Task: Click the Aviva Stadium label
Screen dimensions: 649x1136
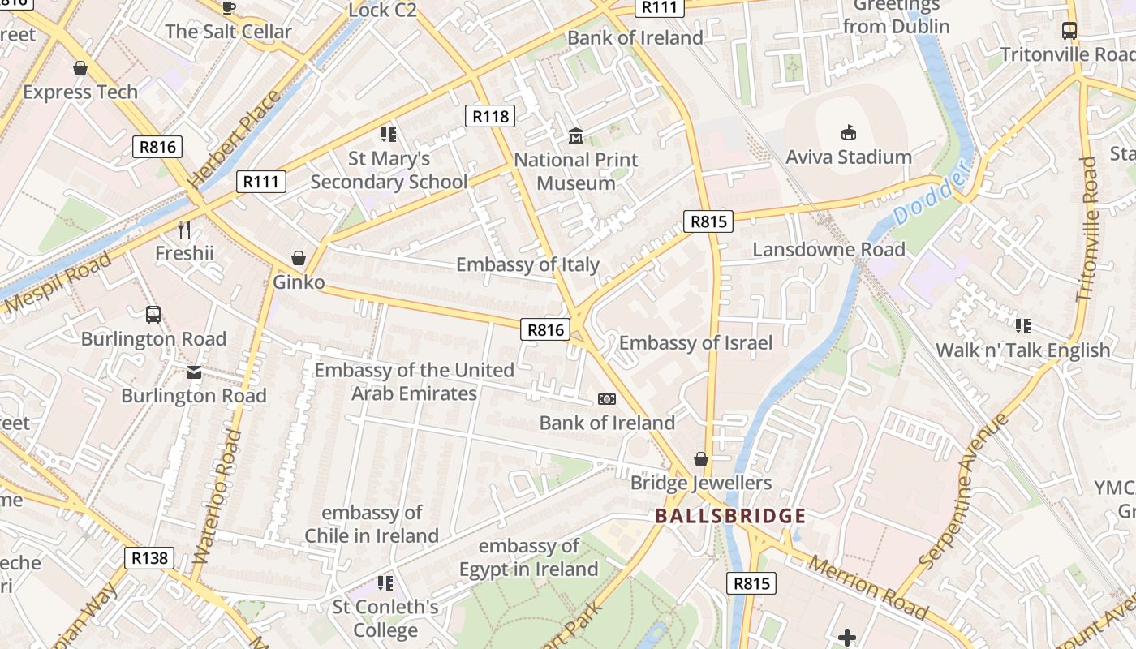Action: pos(849,157)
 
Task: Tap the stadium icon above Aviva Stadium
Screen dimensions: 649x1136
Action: pos(849,132)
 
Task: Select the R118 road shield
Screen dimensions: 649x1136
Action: pos(491,116)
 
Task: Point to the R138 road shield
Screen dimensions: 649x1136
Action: pos(150,557)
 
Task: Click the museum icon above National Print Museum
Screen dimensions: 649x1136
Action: pos(576,135)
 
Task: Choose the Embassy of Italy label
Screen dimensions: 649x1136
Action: pos(527,264)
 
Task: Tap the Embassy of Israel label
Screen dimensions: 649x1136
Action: pos(695,342)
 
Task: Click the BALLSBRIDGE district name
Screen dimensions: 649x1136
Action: pos(730,516)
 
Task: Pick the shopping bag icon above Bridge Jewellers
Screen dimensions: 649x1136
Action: pos(701,460)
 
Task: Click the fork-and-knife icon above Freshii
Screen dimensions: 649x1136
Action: pos(184,230)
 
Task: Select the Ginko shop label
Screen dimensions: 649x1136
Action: pos(299,282)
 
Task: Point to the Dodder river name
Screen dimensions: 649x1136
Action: pos(931,194)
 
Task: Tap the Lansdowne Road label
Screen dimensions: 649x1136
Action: pos(828,249)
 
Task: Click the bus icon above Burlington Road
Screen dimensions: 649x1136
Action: pos(153,315)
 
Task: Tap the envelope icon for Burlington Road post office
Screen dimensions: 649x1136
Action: pos(194,372)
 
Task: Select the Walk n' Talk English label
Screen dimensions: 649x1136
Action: pos(1022,350)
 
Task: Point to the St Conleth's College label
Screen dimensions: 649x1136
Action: pos(385,618)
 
